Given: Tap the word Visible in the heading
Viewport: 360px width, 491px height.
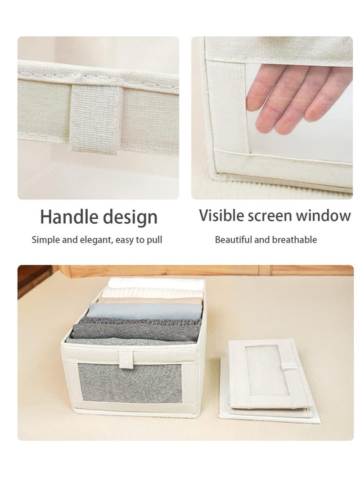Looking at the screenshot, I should coord(220,215).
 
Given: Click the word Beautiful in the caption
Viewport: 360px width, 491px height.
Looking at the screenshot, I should coord(234,239).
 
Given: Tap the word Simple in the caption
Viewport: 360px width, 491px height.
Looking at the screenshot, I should coord(45,239).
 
